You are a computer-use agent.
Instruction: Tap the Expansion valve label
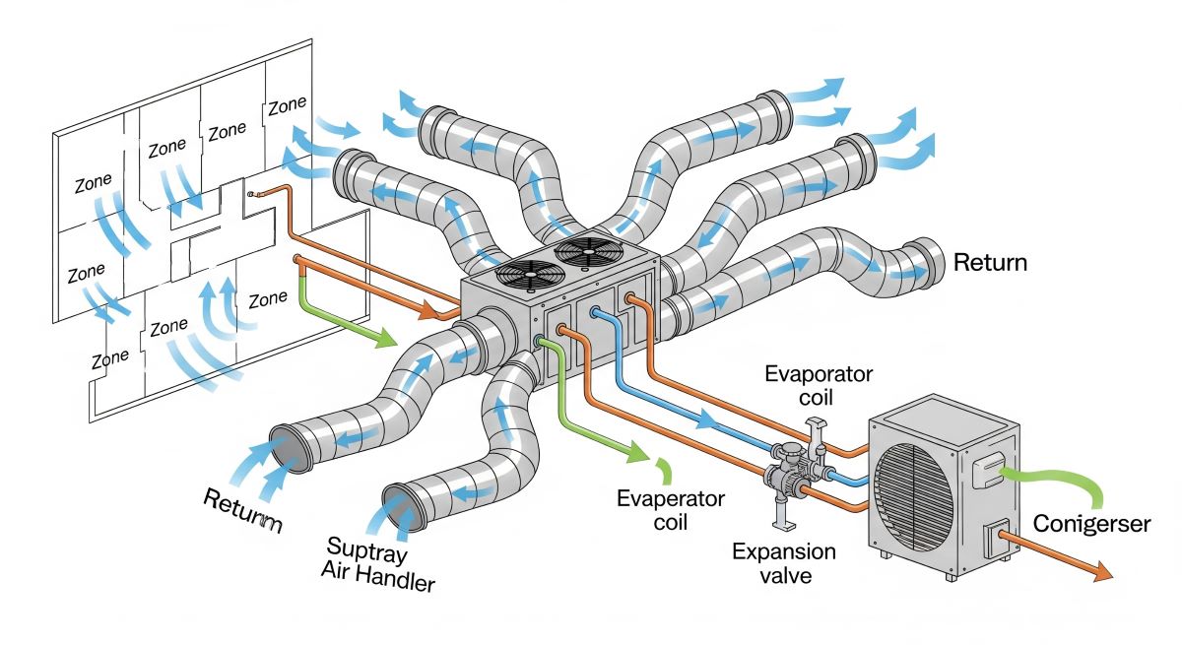(x=784, y=563)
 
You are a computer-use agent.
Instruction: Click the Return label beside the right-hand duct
(x=990, y=263)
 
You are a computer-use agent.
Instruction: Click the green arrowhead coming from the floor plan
(x=387, y=342)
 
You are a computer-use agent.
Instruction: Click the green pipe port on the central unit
(x=540, y=341)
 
